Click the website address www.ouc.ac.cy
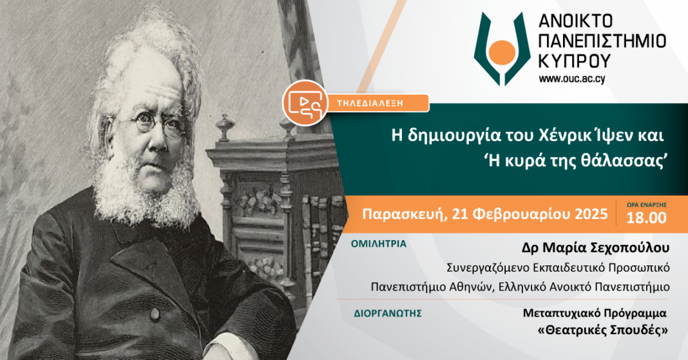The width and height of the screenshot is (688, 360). [572, 79]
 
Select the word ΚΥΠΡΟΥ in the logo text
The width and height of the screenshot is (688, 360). [575, 61]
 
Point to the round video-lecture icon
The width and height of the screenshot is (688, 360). [305, 102]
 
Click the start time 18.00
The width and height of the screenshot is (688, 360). [646, 218]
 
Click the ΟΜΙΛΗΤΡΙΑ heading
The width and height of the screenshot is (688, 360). [379, 244]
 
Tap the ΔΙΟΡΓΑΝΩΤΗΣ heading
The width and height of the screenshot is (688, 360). [387, 314]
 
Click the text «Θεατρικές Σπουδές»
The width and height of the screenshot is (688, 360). [603, 330]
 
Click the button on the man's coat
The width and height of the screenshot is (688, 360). [154, 314]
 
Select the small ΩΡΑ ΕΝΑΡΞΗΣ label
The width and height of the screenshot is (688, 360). [646, 205]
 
